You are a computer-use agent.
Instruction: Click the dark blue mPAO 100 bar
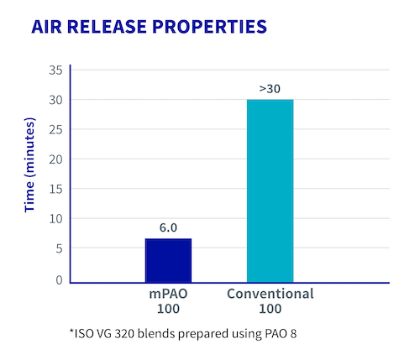pyautogui.click(x=168, y=261)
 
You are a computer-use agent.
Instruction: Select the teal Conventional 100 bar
pyautogui.click(x=270, y=190)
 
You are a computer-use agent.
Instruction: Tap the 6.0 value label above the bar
pyautogui.click(x=168, y=227)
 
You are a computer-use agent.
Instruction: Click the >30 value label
pyautogui.click(x=270, y=88)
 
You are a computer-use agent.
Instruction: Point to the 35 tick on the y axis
pyautogui.click(x=55, y=70)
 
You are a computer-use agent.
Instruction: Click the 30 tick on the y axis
pyautogui.click(x=55, y=100)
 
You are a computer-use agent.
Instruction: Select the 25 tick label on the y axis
pyautogui.click(x=55, y=130)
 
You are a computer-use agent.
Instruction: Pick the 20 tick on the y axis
pyautogui.click(x=55, y=159)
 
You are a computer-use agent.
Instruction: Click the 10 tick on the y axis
pyautogui.click(x=55, y=219)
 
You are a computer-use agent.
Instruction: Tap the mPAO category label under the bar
pyautogui.click(x=168, y=294)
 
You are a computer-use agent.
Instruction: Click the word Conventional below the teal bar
pyautogui.click(x=270, y=294)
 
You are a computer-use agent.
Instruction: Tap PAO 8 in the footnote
pyautogui.click(x=278, y=333)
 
